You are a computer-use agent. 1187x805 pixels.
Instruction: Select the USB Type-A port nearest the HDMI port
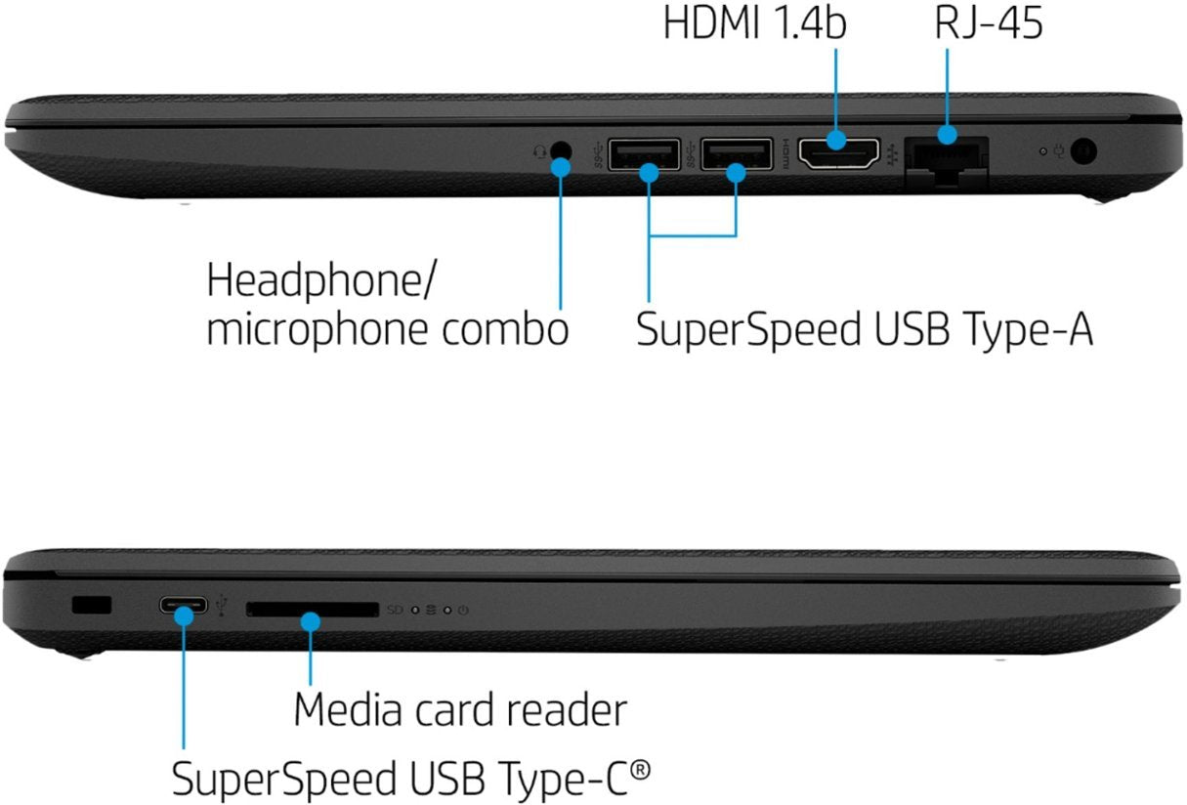click(x=737, y=154)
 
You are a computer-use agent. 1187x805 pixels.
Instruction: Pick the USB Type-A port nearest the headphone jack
click(x=645, y=154)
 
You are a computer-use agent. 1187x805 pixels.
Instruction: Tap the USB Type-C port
click(x=184, y=606)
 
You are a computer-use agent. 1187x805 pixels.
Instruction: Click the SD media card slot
click(x=312, y=610)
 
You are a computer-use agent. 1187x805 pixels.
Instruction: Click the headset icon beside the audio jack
click(x=538, y=151)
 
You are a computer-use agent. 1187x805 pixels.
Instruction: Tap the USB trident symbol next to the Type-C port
click(x=223, y=607)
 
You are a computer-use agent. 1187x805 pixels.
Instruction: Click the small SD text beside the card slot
click(x=395, y=610)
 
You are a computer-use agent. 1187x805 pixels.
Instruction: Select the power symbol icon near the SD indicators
click(x=463, y=611)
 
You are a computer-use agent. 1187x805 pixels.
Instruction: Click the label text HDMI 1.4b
click(x=754, y=23)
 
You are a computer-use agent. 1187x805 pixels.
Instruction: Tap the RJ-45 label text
click(x=988, y=23)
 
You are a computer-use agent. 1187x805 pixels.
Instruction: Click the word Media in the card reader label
click(x=349, y=710)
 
